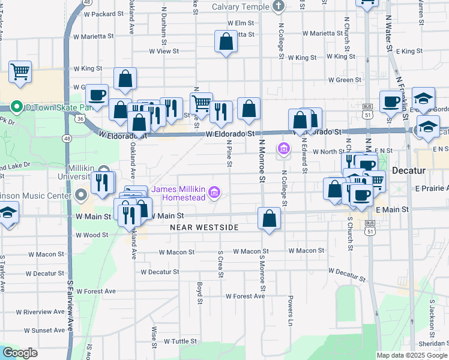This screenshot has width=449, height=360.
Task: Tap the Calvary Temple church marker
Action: [x=278, y=7]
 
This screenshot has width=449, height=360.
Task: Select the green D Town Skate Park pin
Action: [x=17, y=107]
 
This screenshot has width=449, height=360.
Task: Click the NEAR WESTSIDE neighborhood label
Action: [x=204, y=227]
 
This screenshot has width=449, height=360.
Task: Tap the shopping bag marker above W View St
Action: [x=226, y=42]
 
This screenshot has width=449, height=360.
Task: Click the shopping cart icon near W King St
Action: [x=20, y=71]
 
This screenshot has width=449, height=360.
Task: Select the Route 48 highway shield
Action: [x=67, y=139]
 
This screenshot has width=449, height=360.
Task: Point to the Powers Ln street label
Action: [x=291, y=305]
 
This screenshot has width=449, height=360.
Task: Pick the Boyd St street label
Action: [x=200, y=289]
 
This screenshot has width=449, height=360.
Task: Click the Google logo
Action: [x=20, y=353]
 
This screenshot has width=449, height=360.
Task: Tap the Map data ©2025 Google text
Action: [x=412, y=355]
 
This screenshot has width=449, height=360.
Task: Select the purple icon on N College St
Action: [x=283, y=148]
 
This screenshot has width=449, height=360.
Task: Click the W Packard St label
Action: [x=103, y=13]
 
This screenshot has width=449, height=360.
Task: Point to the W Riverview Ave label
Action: [x=40, y=312]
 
